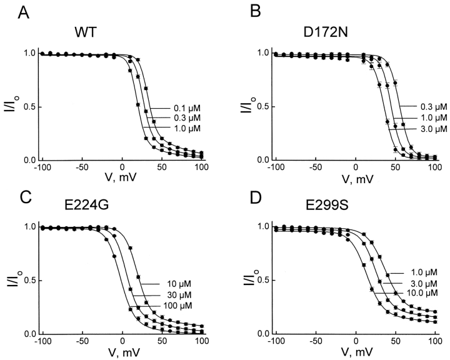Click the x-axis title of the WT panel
122,182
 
